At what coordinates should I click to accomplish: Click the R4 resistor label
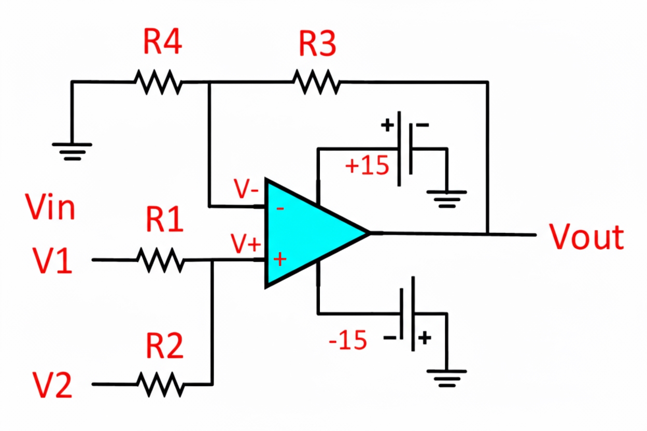click(x=162, y=43)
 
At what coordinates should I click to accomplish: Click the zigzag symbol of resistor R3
click(x=316, y=82)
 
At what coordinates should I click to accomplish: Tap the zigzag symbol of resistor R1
click(x=160, y=260)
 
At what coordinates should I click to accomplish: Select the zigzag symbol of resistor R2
click(x=160, y=384)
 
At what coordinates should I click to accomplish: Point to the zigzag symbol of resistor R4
click(x=158, y=82)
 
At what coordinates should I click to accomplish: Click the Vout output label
click(x=587, y=237)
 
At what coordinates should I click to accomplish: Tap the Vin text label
click(x=50, y=207)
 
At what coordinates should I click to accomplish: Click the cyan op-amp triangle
click(x=306, y=233)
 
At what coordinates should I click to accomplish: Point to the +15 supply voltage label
click(x=367, y=166)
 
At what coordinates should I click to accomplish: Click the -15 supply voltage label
click(x=348, y=341)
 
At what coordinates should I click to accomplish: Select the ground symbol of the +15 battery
click(x=446, y=198)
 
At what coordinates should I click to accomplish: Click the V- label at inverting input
click(x=246, y=190)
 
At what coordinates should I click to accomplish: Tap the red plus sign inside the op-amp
click(x=280, y=258)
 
